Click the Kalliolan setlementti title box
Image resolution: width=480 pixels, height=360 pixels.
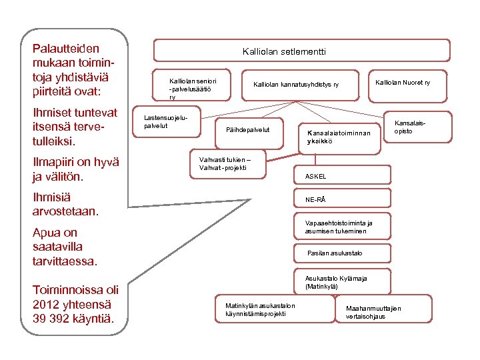[284, 51]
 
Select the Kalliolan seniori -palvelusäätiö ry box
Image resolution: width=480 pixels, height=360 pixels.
[193, 85]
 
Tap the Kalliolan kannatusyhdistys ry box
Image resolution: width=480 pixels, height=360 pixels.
[296, 85]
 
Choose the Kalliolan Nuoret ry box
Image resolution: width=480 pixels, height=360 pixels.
[403, 83]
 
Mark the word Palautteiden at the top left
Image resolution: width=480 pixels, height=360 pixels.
[66, 48]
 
